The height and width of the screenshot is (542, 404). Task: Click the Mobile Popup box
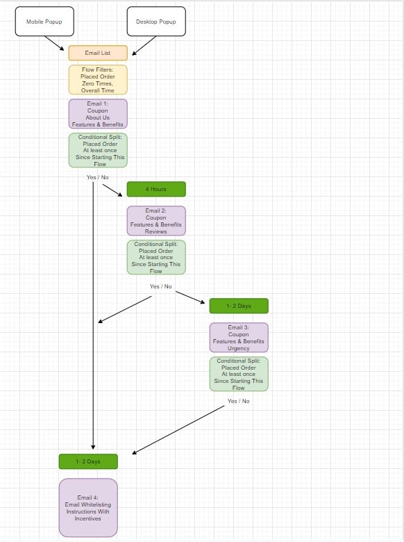[44, 22]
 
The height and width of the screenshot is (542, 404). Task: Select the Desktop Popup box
[156, 22]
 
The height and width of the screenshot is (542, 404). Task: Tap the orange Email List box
[98, 53]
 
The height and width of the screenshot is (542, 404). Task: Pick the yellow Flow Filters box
[98, 80]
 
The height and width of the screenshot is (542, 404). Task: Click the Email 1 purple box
[98, 114]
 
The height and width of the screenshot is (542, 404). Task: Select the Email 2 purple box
[156, 221]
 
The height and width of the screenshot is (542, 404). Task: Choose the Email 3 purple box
[239, 338]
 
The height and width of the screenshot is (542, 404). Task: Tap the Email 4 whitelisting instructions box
[88, 508]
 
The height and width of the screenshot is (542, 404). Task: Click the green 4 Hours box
[156, 189]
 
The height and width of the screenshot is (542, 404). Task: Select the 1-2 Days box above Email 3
[239, 306]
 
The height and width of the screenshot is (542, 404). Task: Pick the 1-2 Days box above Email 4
[88, 461]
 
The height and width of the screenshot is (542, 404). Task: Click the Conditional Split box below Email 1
[98, 150]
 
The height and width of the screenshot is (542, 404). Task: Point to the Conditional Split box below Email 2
[156, 258]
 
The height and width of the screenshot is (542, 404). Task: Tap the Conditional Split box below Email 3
[239, 374]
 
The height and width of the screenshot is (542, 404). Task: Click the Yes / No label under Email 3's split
[238, 401]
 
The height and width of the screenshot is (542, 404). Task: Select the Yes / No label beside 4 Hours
[98, 177]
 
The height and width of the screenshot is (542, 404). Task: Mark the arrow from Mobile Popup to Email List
[54, 43]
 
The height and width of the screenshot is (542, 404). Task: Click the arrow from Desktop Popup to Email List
[144, 46]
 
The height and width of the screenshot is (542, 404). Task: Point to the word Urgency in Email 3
[239, 348]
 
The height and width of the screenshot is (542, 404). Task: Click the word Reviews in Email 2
[156, 231]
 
